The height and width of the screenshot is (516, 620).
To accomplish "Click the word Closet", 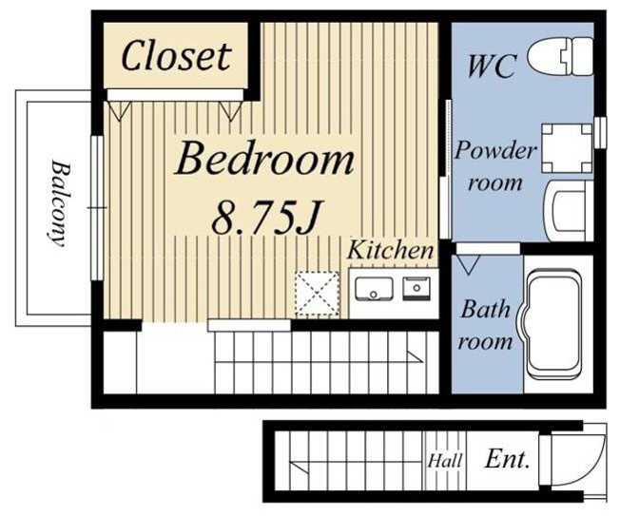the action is click(176, 55).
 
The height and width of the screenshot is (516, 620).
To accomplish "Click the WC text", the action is click(492, 66).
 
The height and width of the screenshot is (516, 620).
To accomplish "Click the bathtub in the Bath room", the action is click(556, 325).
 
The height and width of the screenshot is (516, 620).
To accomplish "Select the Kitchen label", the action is click(390, 250).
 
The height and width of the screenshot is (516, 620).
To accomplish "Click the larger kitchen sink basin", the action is click(374, 289).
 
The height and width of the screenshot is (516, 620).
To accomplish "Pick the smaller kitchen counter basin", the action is click(417, 289).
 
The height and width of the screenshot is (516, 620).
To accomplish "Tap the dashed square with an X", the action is click(317, 294).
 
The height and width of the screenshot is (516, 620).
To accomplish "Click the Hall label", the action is click(445, 461).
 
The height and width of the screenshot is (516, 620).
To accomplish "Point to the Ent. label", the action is click(507, 459).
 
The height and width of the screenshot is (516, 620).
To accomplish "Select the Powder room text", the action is click(495, 166).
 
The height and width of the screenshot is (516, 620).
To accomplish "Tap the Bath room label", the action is click(485, 325).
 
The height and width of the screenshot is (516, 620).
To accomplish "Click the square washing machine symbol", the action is click(567, 148).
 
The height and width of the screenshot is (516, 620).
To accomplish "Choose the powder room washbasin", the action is click(570, 211).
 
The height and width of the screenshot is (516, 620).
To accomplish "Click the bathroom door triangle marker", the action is click(468, 265).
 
